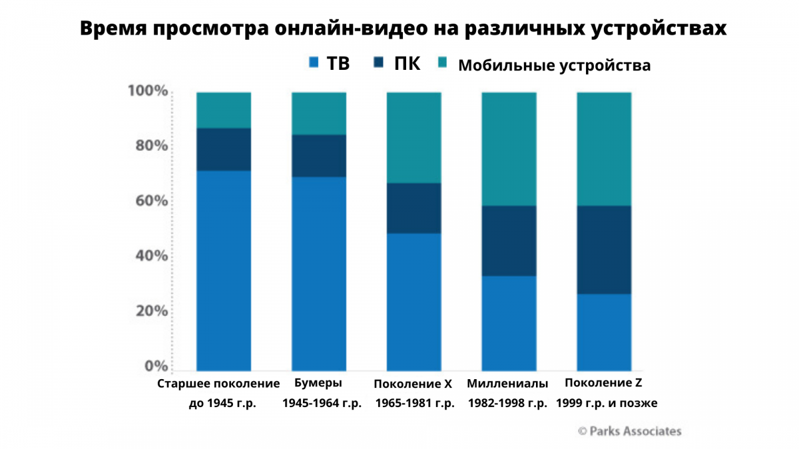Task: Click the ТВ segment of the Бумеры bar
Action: click(x=319, y=273)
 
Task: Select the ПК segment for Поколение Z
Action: click(x=603, y=249)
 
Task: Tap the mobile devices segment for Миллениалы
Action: click(x=509, y=148)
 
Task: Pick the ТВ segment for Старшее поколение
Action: click(x=224, y=270)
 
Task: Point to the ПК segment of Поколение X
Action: click(x=413, y=208)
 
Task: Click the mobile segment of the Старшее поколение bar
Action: click(x=224, y=110)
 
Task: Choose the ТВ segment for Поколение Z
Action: click(x=603, y=331)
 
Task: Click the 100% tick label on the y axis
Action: click(x=147, y=91)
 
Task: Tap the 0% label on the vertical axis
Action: click(x=154, y=366)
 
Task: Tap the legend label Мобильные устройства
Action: click(x=554, y=65)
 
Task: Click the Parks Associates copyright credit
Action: click(x=629, y=431)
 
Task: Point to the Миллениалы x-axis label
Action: click(x=507, y=384)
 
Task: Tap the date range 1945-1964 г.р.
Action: click(x=322, y=403)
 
